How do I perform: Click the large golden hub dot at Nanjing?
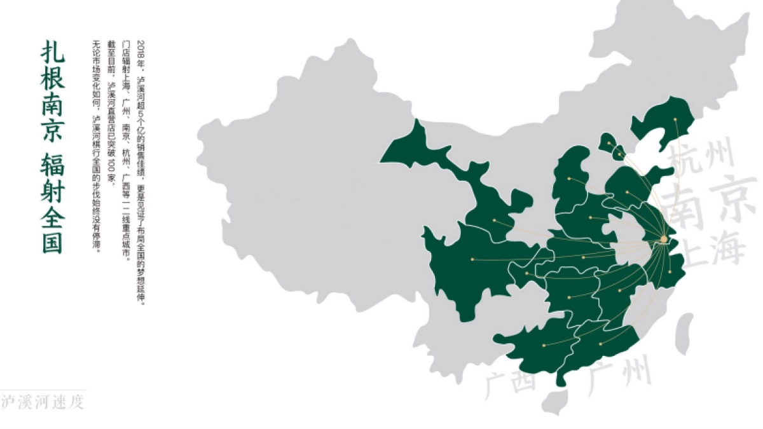664,240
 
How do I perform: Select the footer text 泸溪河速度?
42,402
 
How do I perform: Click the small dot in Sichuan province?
472,259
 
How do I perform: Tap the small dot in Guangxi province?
544,345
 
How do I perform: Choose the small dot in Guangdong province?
601,344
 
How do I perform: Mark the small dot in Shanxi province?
569,179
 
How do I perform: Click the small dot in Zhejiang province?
670,272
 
